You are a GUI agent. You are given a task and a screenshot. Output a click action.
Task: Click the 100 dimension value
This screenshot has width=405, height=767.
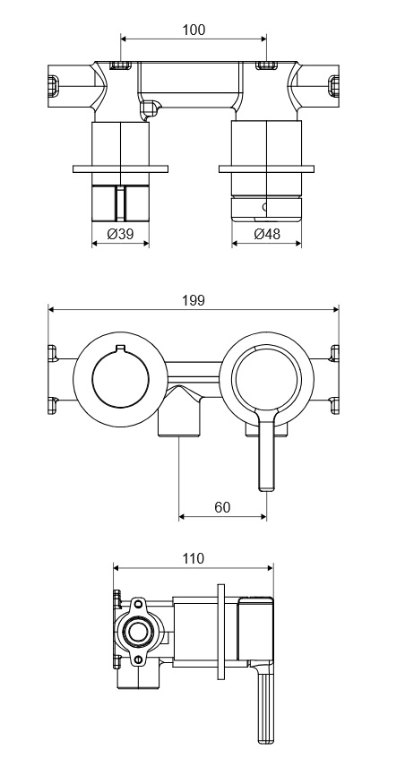pyautogui.click(x=194, y=30)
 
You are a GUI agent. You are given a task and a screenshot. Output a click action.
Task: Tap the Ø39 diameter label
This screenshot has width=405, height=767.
pyautogui.click(x=120, y=234)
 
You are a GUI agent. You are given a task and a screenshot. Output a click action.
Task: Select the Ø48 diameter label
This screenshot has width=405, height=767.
pyautogui.click(x=267, y=234)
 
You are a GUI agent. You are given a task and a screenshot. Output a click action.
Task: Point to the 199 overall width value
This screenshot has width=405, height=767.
pyautogui.click(x=194, y=300)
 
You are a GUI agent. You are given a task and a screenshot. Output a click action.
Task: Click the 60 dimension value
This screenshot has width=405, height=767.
pyautogui.click(x=222, y=507)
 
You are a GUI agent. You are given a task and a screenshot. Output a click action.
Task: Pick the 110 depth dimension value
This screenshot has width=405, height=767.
pyautogui.click(x=194, y=558)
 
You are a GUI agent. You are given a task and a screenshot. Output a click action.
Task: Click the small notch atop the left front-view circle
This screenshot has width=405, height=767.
pyautogui.click(x=120, y=348)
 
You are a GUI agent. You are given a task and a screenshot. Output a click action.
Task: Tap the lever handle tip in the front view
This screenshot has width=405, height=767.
pyautogui.click(x=267, y=486)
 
